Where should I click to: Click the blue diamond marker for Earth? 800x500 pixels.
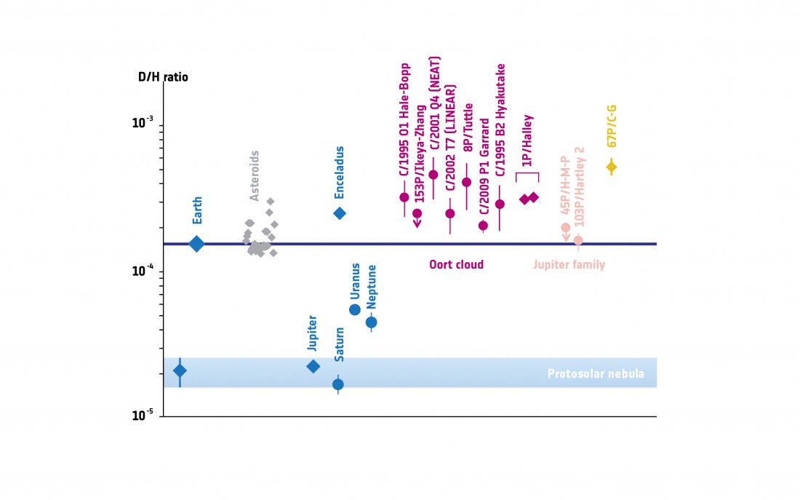196,244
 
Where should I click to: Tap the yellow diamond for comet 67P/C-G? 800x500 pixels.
612,167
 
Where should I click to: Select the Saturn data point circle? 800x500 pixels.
338,384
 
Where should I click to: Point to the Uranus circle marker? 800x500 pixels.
355,309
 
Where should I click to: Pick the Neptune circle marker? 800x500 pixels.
371,322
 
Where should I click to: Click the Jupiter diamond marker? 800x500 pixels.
313,366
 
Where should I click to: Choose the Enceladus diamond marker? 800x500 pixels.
339,213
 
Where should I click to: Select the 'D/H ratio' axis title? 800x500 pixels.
163,76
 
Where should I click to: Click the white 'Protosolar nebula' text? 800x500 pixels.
596,374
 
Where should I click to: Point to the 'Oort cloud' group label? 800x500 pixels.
457,264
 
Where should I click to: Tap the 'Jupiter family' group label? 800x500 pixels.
569,264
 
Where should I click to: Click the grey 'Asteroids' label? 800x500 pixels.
255,175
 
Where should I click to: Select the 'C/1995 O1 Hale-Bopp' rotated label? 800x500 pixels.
404,120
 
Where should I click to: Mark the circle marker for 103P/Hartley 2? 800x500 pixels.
578,240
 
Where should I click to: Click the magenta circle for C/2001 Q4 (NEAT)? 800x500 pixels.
433,175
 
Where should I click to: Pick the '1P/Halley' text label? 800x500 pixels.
528,141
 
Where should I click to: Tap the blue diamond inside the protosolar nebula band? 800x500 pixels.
180,370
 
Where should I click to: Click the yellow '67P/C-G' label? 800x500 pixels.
612,130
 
